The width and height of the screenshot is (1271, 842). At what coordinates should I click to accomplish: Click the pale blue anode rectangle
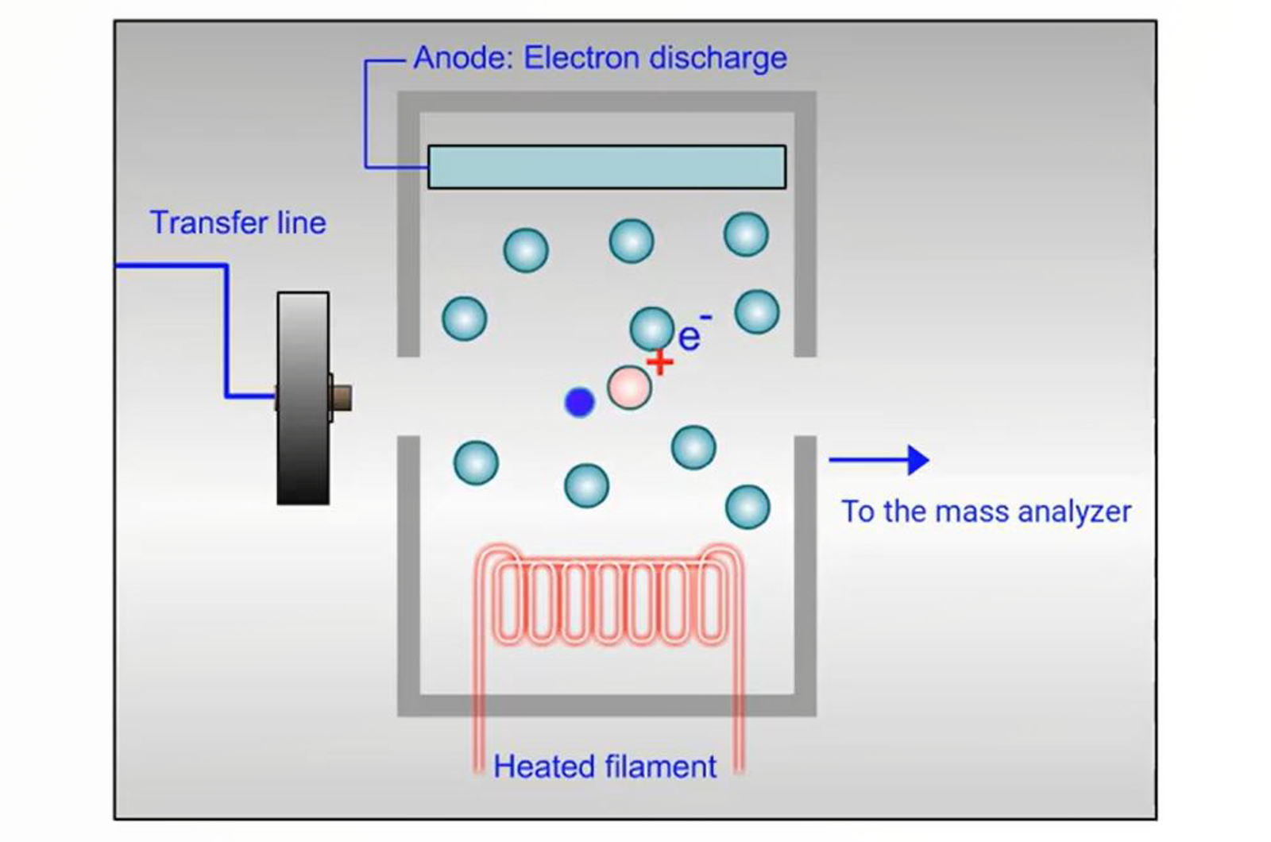click(606, 167)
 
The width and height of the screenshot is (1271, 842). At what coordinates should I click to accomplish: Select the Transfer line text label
click(238, 222)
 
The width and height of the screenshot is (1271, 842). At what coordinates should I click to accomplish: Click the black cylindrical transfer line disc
click(303, 397)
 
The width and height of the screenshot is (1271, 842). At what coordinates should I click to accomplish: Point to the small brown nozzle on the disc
click(342, 397)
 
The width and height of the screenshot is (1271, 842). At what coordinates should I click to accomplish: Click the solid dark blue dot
click(579, 402)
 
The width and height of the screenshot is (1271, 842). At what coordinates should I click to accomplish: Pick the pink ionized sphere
click(629, 388)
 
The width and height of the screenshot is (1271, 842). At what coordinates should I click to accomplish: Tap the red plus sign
click(659, 363)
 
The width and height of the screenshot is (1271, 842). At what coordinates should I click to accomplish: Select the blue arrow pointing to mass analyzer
click(878, 460)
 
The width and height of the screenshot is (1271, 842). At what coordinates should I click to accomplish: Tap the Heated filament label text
click(605, 767)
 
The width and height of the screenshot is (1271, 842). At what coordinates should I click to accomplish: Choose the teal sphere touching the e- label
click(651, 328)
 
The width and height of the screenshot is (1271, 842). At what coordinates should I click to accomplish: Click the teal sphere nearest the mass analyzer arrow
click(748, 507)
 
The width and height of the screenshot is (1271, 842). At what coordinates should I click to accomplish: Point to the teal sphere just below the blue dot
click(586, 485)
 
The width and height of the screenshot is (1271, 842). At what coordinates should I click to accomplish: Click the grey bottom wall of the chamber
click(606, 705)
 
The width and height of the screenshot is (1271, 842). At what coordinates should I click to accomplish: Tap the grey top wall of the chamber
click(606, 102)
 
